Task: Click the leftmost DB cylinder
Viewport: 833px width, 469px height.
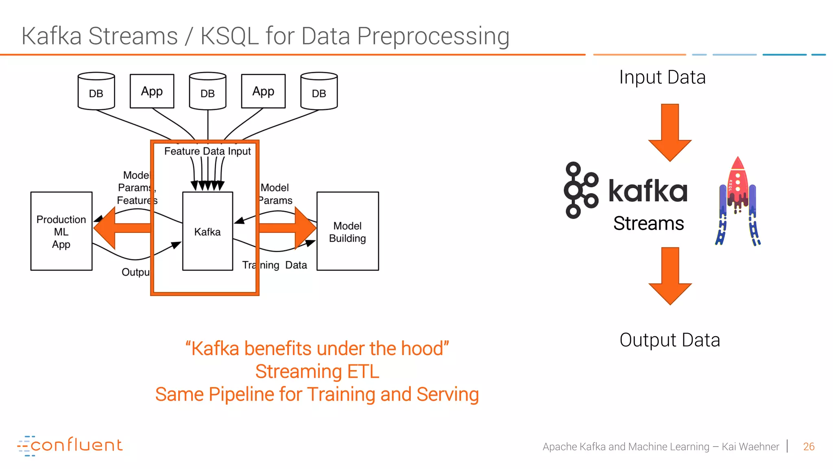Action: point(96,91)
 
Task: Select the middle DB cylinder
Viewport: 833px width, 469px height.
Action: point(207,91)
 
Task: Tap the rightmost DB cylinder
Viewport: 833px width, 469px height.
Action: point(319,91)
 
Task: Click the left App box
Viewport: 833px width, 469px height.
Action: point(152,91)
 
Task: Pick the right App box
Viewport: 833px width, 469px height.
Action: point(263,91)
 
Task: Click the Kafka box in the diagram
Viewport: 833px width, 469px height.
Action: point(207,231)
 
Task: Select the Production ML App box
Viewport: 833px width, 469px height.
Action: point(61,231)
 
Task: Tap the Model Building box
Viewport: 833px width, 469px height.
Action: point(347,231)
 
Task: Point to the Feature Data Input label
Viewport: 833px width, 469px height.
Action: point(207,151)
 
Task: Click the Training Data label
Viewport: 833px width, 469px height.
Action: point(275,265)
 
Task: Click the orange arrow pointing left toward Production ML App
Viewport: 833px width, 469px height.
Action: point(118,228)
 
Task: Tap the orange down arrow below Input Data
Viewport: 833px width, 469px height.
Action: point(670,132)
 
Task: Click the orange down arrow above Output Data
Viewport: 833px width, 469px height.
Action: point(670,276)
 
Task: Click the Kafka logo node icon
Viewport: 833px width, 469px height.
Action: point(580,190)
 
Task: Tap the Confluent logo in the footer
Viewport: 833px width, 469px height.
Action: point(70,445)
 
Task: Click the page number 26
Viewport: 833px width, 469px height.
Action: point(809,447)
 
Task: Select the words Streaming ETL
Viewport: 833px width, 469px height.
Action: point(317,371)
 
